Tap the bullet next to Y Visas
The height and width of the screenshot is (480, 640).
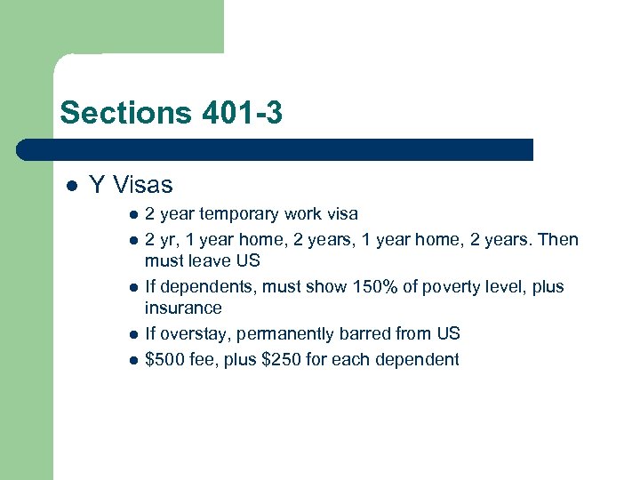pos(70,186)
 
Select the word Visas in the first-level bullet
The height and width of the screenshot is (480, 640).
pos(142,185)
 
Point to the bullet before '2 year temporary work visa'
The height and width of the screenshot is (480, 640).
pos(132,215)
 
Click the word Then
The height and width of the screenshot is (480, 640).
pos(558,240)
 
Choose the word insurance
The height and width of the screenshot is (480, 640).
pos(183,308)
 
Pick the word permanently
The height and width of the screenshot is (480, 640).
pos(284,334)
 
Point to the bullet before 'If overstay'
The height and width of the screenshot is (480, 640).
pos(132,335)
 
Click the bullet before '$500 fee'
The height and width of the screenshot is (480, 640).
pos(132,361)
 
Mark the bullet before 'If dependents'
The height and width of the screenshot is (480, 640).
pos(132,288)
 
